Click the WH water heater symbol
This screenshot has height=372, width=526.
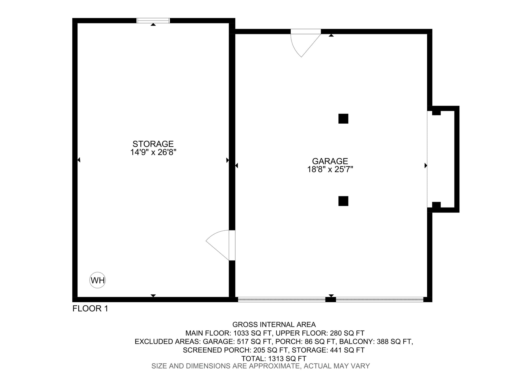point(98,280)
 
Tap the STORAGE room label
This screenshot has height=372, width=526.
point(153,144)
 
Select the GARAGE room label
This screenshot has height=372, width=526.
point(330,161)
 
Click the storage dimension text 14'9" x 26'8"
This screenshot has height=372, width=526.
point(153,152)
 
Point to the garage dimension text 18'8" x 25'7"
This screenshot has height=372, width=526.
point(330,169)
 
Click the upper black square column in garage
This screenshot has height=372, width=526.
point(343,119)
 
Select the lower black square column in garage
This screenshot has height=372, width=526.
point(343,201)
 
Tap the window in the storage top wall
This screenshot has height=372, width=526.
point(153,21)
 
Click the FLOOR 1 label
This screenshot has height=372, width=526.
point(90,309)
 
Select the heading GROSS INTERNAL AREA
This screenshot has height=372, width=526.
point(274,325)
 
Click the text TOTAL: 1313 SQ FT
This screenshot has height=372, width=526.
point(274,359)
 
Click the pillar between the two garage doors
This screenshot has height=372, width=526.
point(331,300)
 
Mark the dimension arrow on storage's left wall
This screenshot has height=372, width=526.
point(79,160)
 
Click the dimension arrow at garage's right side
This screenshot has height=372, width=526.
point(425,166)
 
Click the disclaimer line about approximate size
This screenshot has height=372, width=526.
point(261,366)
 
